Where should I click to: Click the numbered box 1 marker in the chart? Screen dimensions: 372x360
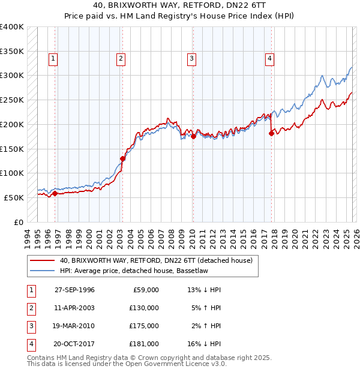coord(53,59)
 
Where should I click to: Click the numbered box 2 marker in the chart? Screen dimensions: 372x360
coord(121,59)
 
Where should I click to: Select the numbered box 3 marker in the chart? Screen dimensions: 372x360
coord(191,59)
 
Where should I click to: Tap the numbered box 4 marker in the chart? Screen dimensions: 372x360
coord(269,59)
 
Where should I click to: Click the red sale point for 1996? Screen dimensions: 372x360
coord(55,193)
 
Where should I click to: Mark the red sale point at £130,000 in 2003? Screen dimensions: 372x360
coord(122,158)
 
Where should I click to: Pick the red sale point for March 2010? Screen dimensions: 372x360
coord(193,137)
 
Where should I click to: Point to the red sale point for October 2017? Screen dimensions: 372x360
coord(271,134)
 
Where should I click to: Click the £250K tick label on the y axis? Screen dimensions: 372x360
coord(12,100)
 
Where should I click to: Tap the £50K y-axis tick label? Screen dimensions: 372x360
coord(14,197)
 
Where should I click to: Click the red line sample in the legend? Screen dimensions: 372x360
coord(43,261)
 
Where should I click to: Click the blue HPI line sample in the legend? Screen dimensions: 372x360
coord(43,271)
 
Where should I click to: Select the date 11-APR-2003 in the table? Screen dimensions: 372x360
coord(74,308)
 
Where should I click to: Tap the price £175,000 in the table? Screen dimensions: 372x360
coord(144,326)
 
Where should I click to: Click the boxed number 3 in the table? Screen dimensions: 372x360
coord(30,326)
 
